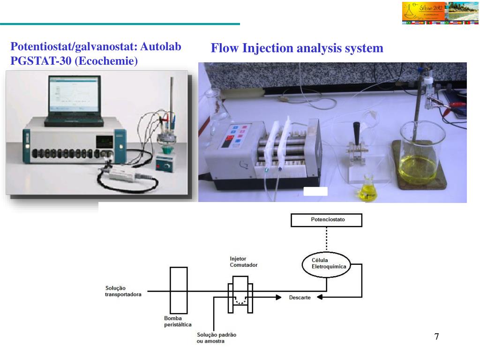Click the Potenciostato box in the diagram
[327, 219]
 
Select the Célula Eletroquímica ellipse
[326, 263]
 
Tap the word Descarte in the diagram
[300, 298]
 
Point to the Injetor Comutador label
[243, 262]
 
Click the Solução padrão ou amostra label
[217, 338]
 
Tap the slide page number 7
[436, 337]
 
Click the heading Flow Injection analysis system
[297, 48]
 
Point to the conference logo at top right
[440, 13]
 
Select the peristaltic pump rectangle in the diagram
[179, 291]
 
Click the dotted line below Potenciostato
[326, 239]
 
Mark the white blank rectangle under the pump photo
[315, 191]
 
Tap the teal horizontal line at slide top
[120, 24]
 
